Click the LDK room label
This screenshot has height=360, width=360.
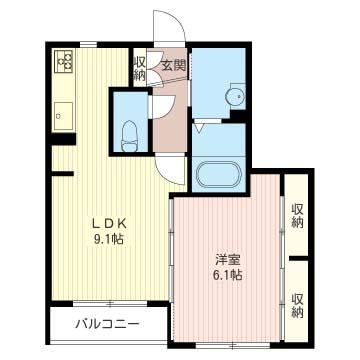pos(110,224)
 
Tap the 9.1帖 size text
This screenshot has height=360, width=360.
pos(109,239)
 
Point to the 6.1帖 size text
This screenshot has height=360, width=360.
pos(227,275)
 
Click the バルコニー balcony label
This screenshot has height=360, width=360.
pos(106,323)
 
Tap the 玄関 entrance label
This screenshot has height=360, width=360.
pos(173,65)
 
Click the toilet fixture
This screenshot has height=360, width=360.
pos(130,136)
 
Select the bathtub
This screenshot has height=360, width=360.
pos(218,174)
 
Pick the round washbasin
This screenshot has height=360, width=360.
pos(236,97)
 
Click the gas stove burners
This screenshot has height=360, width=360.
pos(64,61)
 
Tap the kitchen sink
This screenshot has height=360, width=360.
pos(63,116)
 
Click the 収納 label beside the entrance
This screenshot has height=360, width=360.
pos(140,69)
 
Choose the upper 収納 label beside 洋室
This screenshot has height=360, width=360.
pos(297,216)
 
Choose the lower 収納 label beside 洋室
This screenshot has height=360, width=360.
pos(297,305)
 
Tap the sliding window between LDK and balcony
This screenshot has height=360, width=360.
pos(110,304)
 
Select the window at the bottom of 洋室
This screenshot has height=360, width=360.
pos(233,345)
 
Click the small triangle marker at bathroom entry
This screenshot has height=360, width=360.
pos(199,128)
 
